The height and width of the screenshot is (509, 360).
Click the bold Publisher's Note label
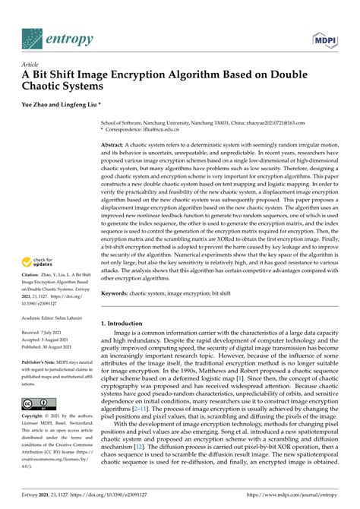point(43,362)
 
